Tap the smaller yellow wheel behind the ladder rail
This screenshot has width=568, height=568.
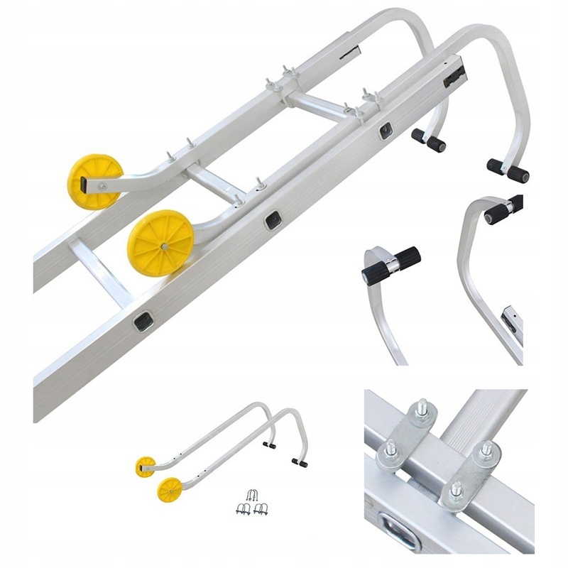pyautogui.click(x=94, y=182)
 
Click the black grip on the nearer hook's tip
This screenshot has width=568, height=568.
pyautogui.click(x=508, y=171)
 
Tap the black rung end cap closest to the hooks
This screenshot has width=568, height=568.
pyautogui.click(x=386, y=130)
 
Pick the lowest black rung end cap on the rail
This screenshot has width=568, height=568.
pyautogui.click(x=143, y=322)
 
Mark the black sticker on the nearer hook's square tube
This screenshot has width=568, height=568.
pyautogui.click(x=454, y=77)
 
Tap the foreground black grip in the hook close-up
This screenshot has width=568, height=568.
pyautogui.click(x=391, y=264)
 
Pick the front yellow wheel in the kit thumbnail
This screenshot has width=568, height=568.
pyautogui.click(x=170, y=489)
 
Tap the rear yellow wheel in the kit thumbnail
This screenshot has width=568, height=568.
pyautogui.click(x=146, y=466)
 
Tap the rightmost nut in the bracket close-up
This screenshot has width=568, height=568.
pyautogui.click(x=486, y=450)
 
